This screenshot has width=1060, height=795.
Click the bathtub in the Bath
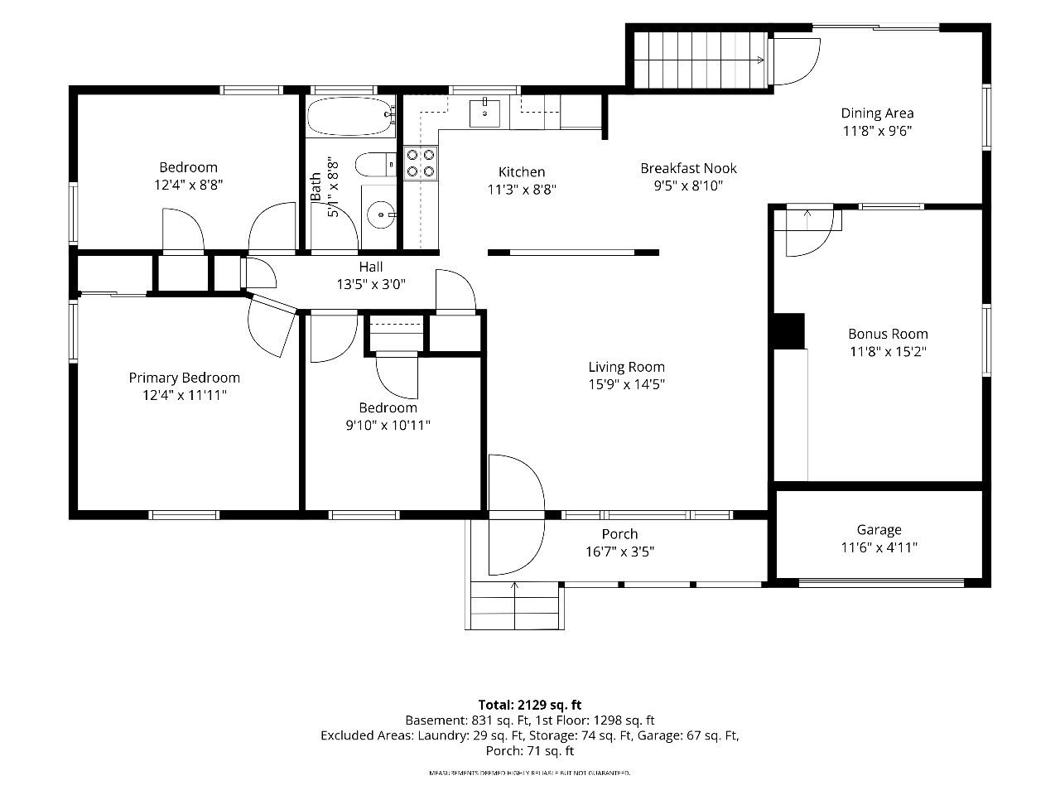point(351,116)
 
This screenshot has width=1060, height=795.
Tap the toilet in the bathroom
point(376,165)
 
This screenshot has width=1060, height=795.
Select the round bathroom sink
point(381,214)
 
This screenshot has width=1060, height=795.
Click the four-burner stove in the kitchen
point(421,163)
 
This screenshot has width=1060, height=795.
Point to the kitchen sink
point(484,113)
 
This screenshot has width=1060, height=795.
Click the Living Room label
point(626,368)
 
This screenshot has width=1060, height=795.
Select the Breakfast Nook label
point(689,168)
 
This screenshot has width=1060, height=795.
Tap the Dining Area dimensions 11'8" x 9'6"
point(878,131)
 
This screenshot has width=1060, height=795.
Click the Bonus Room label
point(888,334)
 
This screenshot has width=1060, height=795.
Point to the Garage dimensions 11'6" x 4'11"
point(879,547)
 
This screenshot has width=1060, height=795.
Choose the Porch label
point(619,534)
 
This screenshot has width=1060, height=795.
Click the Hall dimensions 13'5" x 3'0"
point(371,284)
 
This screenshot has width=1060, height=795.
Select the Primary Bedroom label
point(185,378)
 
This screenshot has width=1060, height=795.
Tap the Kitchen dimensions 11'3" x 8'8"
point(522,190)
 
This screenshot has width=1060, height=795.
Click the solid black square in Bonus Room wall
point(789,331)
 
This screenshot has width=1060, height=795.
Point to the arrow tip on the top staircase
point(763,60)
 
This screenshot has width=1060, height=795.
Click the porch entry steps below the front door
point(515,606)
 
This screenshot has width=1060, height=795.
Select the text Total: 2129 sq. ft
point(530,706)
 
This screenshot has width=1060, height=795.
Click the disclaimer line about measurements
point(530,773)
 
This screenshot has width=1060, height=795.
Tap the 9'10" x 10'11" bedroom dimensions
point(388,426)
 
